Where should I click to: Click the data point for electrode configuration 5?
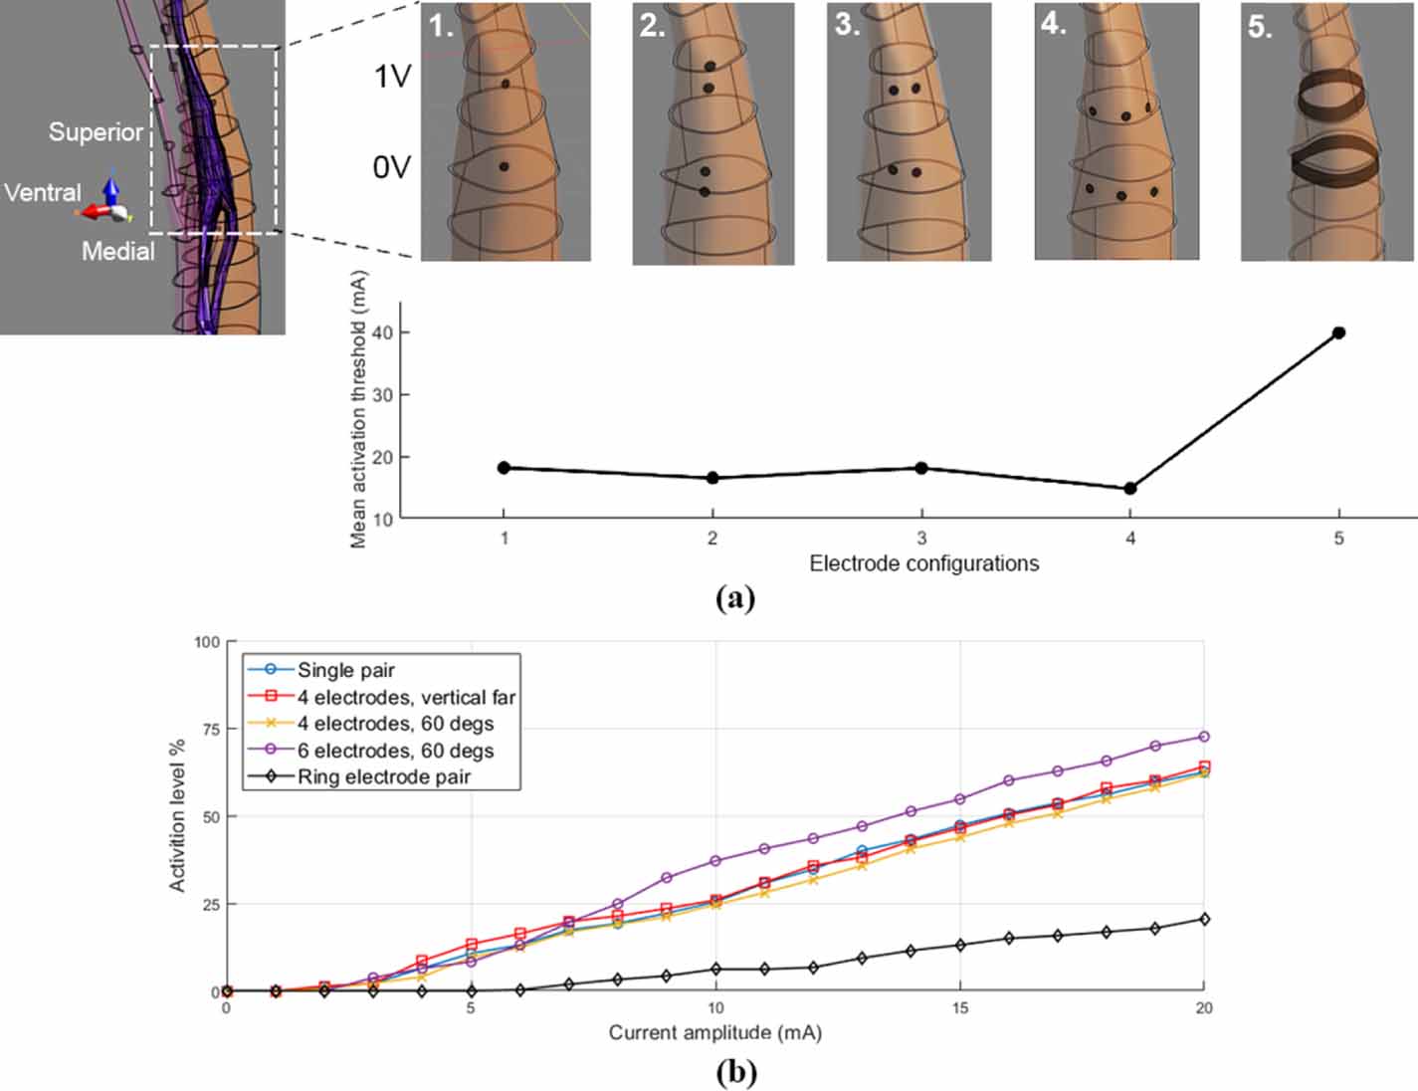point(1338,332)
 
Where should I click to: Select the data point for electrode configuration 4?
point(1129,489)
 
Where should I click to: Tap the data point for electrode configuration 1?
point(504,468)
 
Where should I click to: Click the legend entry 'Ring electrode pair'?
point(383,776)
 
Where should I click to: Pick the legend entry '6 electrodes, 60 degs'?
point(395,751)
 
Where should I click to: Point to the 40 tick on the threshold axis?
point(382,332)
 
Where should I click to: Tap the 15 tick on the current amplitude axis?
point(959,1008)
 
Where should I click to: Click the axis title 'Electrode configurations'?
point(923,563)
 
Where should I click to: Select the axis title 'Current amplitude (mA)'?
point(714,1032)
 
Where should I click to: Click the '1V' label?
point(392,77)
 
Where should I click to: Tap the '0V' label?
point(391,167)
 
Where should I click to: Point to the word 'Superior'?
point(96,131)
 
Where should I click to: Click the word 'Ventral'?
point(42,192)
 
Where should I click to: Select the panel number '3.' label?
point(848,24)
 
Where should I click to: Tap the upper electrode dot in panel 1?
point(506,85)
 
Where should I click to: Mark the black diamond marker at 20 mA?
point(1204,919)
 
